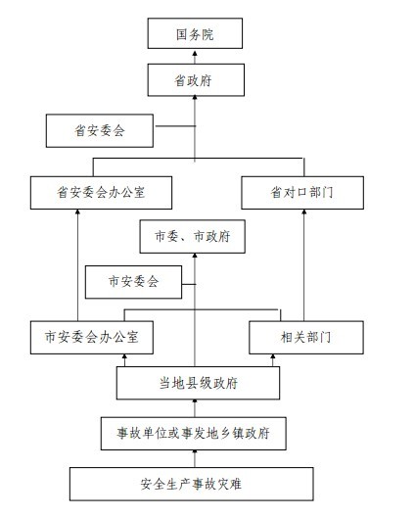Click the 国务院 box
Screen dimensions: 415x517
coord(195,33)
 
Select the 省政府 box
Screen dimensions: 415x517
coord(196,80)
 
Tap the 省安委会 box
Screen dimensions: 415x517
coord(100,130)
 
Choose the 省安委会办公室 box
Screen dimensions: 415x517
coord(101,193)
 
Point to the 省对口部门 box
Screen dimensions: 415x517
coord(302,193)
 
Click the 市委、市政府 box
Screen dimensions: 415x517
coord(193,236)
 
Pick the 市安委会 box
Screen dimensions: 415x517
coord(133,282)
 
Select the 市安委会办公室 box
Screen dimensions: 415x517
coord(92,337)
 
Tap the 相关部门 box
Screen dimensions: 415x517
coord(306,337)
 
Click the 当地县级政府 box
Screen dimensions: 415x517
coord(198,383)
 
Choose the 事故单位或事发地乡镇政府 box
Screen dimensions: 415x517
coord(194,433)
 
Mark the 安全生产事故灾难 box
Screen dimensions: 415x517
coord(191,484)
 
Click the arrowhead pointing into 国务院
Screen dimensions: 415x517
coord(195,54)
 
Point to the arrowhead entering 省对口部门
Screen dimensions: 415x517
coord(304,212)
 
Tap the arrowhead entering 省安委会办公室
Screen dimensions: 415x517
coord(77,212)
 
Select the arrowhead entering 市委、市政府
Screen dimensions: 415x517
coord(195,256)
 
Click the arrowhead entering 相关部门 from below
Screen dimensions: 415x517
coord(273,356)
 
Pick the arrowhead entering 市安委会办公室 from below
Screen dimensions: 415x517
coord(124,356)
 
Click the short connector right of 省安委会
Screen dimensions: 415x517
coord(176,126)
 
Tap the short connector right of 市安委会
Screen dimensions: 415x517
coord(189,284)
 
